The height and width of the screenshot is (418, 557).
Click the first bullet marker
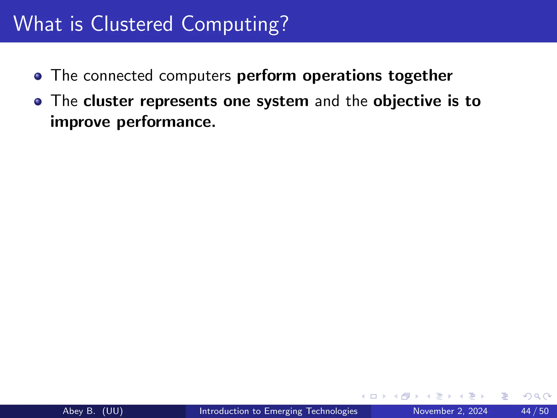pos(38,76)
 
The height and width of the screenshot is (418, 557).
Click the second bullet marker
pos(38,102)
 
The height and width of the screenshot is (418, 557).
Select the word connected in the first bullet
pos(118,76)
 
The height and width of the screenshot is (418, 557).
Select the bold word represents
pos(178,101)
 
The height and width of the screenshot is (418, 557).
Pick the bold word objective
pos(407,101)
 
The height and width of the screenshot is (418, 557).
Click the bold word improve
pos(80,122)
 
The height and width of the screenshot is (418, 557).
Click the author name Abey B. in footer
pos(79,411)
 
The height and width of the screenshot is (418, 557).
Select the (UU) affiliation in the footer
pos(113,411)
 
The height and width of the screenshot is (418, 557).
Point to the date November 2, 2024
pos(450,411)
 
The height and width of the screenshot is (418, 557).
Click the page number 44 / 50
pos(535,411)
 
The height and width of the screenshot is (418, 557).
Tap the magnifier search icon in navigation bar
pos(537,396)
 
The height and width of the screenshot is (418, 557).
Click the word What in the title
pos(38,24)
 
